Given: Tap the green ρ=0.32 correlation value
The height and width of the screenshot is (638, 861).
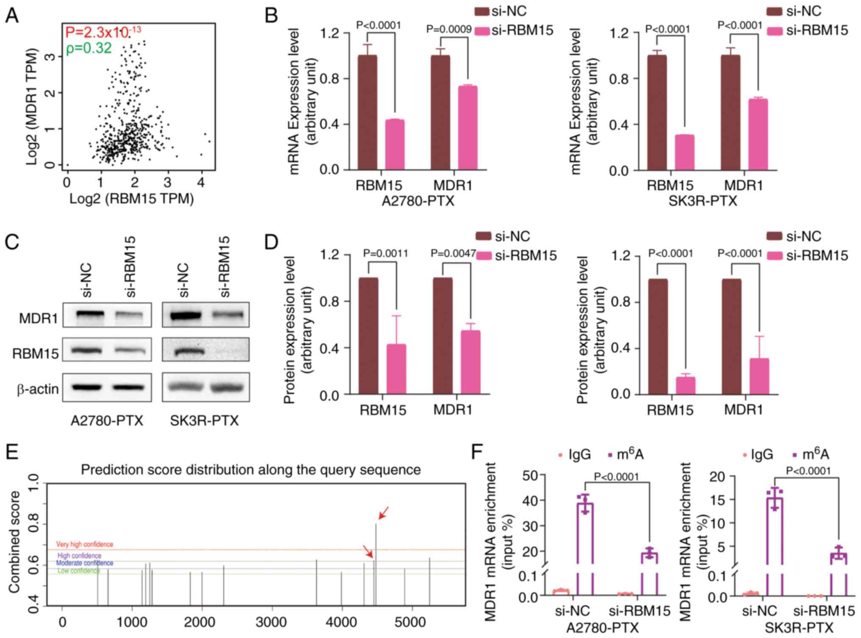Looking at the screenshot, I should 89,48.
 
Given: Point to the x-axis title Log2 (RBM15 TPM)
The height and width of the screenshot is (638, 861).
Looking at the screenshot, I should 131,199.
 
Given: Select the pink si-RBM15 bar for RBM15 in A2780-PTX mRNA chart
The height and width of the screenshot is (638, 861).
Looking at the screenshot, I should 394,144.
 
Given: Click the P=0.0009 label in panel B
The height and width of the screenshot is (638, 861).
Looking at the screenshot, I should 449,29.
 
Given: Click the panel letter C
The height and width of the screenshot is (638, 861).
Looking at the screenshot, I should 12,242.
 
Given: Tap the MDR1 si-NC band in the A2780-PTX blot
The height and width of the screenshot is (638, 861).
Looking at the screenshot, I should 89,314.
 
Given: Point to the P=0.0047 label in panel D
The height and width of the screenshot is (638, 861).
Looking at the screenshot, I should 453,253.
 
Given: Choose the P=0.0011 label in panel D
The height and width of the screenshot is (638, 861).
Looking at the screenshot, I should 386,253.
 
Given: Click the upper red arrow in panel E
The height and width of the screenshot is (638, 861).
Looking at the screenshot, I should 383,513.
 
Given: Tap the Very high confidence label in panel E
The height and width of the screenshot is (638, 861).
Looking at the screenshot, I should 85,544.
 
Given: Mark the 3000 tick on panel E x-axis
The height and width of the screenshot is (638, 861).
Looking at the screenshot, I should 271,622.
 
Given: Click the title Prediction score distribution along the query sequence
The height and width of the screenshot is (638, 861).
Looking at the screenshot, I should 251,469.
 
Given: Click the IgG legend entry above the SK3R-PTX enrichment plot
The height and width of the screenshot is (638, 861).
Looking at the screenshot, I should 758,455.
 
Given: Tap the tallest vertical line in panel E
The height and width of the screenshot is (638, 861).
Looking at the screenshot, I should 375,563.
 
